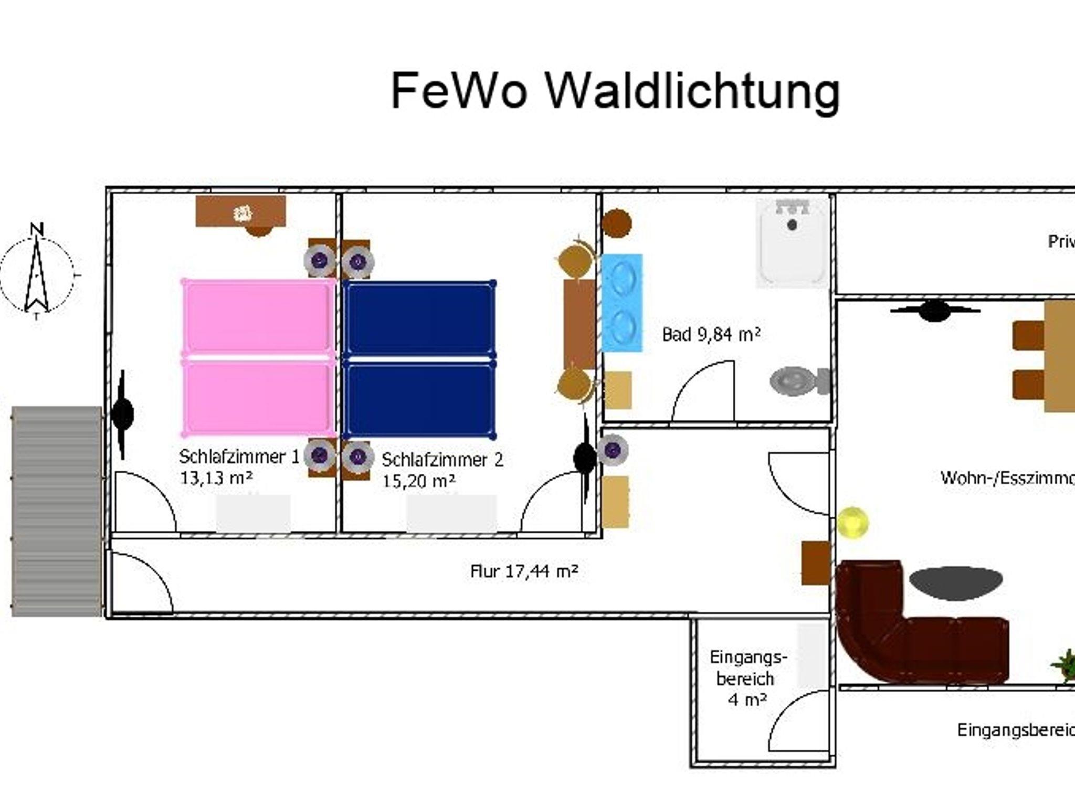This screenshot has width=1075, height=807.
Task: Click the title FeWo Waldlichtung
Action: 615,91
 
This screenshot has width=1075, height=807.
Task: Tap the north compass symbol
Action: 37,273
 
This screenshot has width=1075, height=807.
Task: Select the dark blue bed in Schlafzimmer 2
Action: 420,359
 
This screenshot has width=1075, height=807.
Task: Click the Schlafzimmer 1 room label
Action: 239,456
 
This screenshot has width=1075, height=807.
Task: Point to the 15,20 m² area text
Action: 418,481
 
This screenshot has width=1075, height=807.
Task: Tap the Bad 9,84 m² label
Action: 711,334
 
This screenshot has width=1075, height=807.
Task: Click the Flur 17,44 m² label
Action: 524,571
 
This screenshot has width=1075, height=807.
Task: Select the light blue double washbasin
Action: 622,303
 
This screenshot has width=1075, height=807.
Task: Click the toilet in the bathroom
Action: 798,380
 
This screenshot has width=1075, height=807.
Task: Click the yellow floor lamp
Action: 852,523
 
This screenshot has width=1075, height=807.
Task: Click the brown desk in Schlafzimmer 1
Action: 241,211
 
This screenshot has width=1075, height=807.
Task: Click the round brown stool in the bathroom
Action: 616,223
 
